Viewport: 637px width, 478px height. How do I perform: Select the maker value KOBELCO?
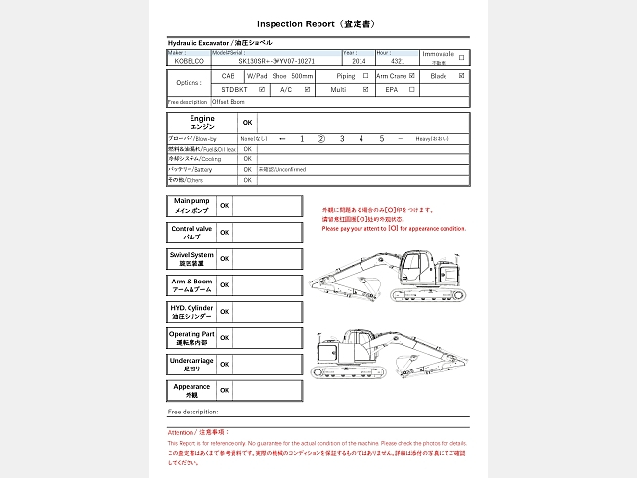189,61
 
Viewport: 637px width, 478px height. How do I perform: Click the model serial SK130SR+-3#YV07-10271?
276,61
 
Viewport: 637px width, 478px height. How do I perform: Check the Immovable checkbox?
461,57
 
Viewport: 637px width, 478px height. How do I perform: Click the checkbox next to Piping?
365,75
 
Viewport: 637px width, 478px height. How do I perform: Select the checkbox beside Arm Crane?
412,75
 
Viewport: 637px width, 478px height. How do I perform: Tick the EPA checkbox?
412,89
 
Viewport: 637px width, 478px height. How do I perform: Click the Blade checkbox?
461,75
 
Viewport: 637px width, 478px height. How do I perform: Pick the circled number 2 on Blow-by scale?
320,139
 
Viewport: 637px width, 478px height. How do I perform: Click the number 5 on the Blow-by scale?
382,139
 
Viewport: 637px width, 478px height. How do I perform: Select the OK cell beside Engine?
247,123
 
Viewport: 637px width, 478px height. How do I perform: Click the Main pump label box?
191,205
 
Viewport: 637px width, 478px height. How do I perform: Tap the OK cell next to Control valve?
225,233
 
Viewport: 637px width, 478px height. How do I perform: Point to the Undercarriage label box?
191,365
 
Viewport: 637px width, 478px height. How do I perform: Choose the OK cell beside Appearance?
225,390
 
